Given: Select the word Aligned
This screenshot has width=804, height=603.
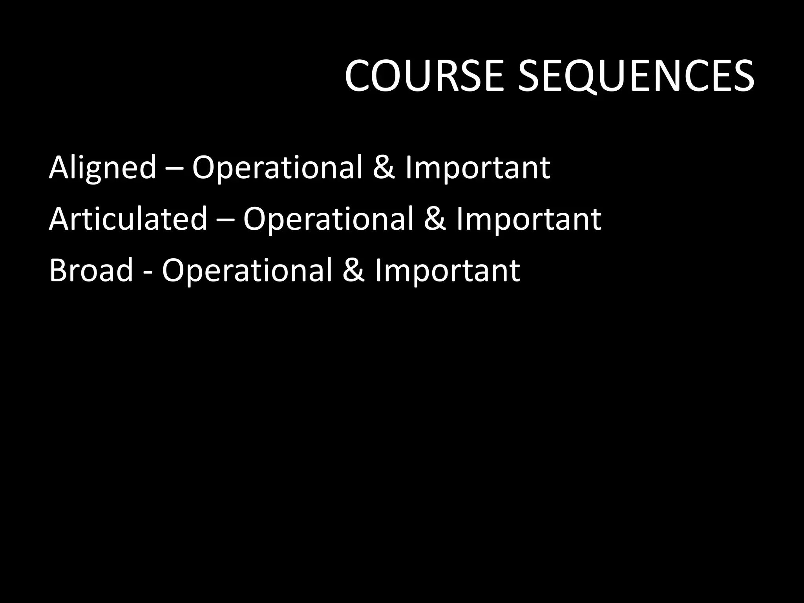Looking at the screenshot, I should click(x=102, y=168).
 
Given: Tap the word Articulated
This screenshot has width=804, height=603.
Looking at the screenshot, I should click(x=128, y=219).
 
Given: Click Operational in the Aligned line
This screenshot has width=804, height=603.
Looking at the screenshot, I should click(x=277, y=168).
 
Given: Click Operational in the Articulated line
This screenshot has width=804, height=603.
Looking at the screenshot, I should click(x=328, y=219).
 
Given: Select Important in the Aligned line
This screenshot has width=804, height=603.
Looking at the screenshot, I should click(x=477, y=168).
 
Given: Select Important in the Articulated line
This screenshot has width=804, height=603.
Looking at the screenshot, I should click(x=528, y=219).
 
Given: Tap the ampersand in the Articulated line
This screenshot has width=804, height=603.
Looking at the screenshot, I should click(x=435, y=219).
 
